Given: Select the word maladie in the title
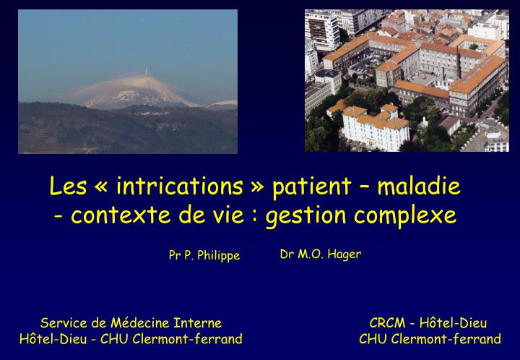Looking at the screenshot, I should click(x=421, y=187).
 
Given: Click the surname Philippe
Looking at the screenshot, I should click(x=217, y=256).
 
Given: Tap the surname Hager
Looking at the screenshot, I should click(x=344, y=254).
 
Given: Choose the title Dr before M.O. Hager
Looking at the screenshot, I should click(x=286, y=254).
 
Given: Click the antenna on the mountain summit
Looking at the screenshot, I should click(x=147, y=72).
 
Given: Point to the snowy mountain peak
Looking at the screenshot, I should click(x=144, y=90).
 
